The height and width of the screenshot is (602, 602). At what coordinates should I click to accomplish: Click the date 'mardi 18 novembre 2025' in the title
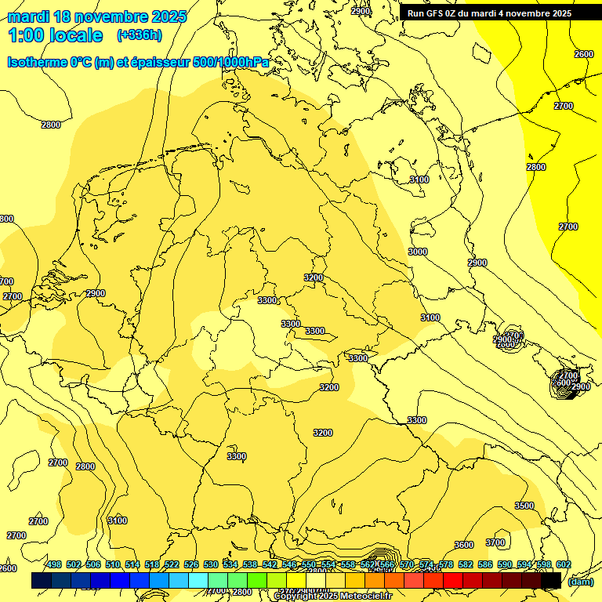(x=97, y=16)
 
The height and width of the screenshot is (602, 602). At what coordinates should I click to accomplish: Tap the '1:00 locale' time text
(x=56, y=35)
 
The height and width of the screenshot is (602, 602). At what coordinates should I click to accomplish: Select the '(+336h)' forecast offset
(x=140, y=35)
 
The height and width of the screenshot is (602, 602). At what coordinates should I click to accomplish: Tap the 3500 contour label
(x=524, y=506)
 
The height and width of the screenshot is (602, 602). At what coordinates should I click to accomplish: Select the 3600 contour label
(x=464, y=545)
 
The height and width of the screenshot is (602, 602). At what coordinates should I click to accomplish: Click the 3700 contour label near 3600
(x=495, y=542)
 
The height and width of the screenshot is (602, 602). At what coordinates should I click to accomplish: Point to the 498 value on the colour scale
(x=54, y=564)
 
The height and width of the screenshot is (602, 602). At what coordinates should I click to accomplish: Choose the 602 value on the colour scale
(x=563, y=564)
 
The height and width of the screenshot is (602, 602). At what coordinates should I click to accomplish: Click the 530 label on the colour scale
(x=211, y=564)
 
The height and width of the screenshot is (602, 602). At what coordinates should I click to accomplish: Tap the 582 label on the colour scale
(x=465, y=564)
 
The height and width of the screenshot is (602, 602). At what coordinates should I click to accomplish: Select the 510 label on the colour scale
(x=113, y=564)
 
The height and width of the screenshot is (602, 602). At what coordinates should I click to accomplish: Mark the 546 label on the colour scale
(x=289, y=564)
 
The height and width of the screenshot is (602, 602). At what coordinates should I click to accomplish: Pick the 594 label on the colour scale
(x=524, y=564)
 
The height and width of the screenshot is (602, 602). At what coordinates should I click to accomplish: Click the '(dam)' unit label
(x=580, y=581)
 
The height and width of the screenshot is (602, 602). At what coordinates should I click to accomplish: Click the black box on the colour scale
(x=551, y=580)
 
